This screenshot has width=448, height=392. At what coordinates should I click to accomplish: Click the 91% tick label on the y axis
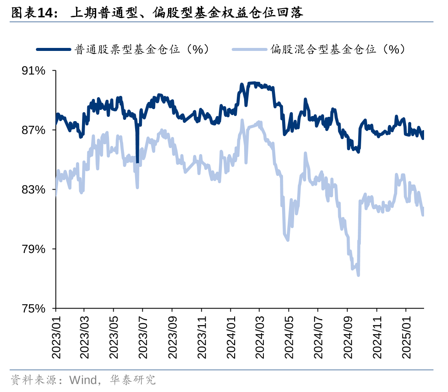point(33,71)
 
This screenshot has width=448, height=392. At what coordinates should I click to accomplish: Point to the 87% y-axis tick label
point(33,130)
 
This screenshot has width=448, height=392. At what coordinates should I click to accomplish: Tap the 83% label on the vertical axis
point(33,190)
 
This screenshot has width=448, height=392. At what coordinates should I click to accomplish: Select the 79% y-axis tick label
point(33,249)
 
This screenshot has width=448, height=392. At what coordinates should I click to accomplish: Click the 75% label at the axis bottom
point(33,308)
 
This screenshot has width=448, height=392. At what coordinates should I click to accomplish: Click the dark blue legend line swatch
point(54,50)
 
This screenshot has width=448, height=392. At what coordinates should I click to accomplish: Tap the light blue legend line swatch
point(250,50)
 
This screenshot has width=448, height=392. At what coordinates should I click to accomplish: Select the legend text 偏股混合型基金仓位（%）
point(338,50)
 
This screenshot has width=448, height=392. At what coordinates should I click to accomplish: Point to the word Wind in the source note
point(82,379)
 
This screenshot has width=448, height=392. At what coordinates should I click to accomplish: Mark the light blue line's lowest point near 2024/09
point(358,275)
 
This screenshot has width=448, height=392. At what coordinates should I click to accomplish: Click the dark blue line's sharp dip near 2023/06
point(138,162)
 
